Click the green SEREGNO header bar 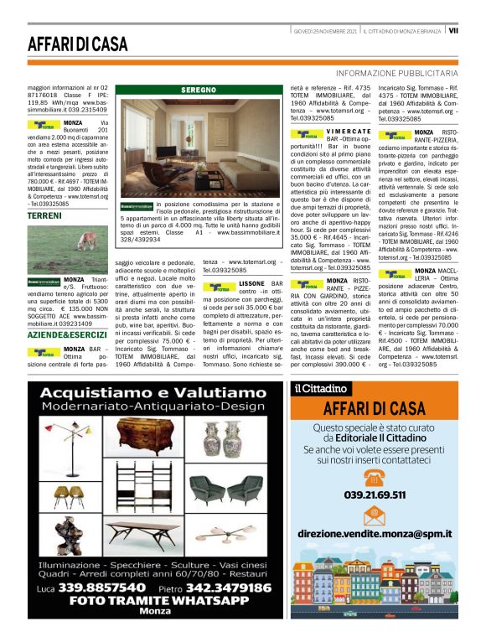coord(199,90)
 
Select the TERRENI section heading coord(44,216)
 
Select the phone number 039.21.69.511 coord(375,494)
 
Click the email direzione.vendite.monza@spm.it coord(375,533)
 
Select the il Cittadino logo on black coord(320,388)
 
